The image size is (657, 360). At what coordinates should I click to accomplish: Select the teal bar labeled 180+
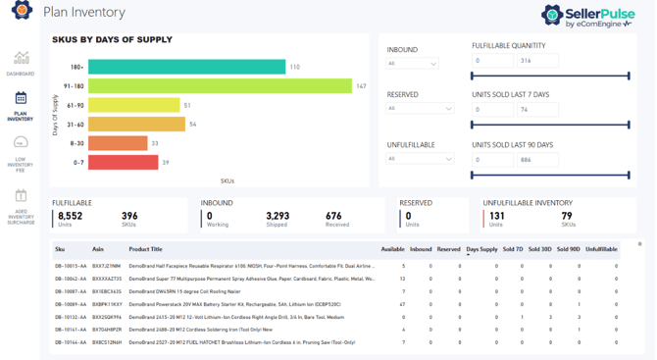point(186,67)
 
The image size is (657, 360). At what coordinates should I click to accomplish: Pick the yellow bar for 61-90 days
point(133,105)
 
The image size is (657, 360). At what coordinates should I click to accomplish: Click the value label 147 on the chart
point(361,86)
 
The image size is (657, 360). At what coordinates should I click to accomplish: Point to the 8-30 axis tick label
point(77,143)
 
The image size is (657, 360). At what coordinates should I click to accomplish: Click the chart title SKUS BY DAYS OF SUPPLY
point(112,40)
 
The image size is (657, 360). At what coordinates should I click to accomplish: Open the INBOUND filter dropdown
point(412,64)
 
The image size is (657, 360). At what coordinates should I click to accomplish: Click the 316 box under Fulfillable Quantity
point(537,61)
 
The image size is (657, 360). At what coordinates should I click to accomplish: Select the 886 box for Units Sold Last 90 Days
point(537,159)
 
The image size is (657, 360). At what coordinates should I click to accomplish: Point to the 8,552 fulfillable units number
point(71,216)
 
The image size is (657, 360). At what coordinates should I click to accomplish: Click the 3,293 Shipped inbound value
point(278,216)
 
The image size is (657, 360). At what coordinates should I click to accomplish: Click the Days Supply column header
point(481,250)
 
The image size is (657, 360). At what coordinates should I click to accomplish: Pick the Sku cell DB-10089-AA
point(72,304)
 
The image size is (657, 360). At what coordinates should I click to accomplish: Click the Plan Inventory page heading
point(84,12)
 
